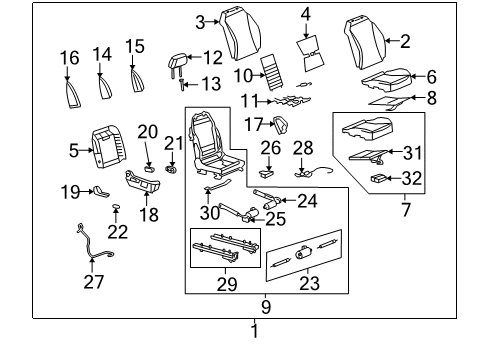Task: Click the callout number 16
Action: pos(69,59)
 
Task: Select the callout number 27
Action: pos(93,283)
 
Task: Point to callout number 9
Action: pos(265,307)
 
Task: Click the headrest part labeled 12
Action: pos(181,62)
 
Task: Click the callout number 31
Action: pos(412,152)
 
